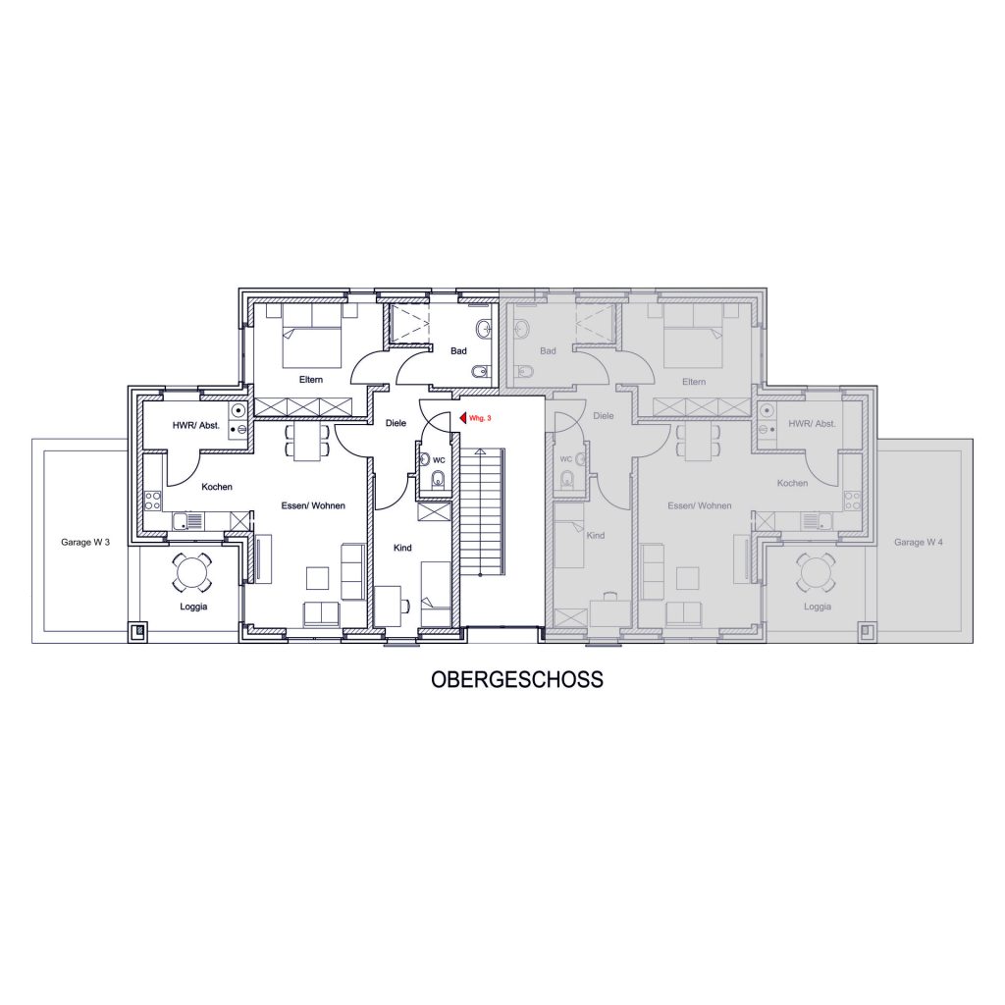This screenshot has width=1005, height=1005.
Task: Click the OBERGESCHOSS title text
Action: (x=516, y=679)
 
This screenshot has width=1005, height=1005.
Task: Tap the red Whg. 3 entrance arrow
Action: (x=463, y=418)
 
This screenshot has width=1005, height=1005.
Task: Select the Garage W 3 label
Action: (x=85, y=542)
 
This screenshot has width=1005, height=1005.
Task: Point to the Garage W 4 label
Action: (x=919, y=542)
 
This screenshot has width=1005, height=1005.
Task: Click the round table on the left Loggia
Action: (x=191, y=572)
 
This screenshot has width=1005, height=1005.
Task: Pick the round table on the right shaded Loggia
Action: (x=816, y=572)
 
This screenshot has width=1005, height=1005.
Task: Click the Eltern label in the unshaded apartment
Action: (x=311, y=380)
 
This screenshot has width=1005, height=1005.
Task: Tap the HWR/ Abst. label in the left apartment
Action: (x=195, y=425)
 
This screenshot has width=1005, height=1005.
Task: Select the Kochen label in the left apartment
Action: (x=217, y=487)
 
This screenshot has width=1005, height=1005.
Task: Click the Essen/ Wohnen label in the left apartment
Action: (x=313, y=505)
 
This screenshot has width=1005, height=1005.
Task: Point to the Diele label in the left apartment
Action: (x=396, y=423)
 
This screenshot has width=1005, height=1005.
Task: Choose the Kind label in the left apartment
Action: (x=402, y=548)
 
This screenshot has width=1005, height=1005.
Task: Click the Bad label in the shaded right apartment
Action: (x=548, y=351)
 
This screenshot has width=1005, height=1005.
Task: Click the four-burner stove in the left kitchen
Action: (x=152, y=501)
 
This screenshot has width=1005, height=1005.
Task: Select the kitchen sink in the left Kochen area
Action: (x=187, y=521)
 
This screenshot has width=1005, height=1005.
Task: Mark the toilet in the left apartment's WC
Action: (x=439, y=479)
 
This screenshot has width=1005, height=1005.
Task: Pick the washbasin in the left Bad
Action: (x=483, y=329)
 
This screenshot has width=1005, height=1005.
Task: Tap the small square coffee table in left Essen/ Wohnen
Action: (x=317, y=578)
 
